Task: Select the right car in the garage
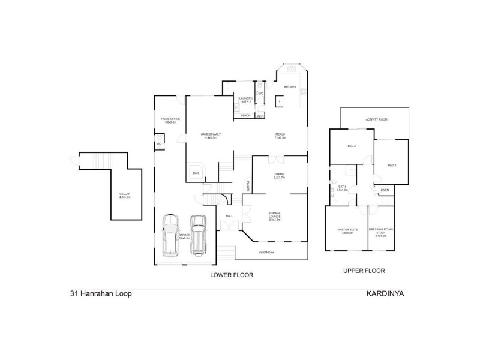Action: pos(199,234)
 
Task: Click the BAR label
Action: pos(196,173)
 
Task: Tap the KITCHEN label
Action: pos(290,87)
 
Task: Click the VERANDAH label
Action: pos(266,252)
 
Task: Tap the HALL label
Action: pos(229,215)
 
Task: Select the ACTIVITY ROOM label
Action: pos(376,120)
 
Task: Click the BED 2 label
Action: pos(352,146)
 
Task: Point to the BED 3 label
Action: pos(392,165)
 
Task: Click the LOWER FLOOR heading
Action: pos(231,275)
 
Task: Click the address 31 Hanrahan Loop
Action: pos(100,295)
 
